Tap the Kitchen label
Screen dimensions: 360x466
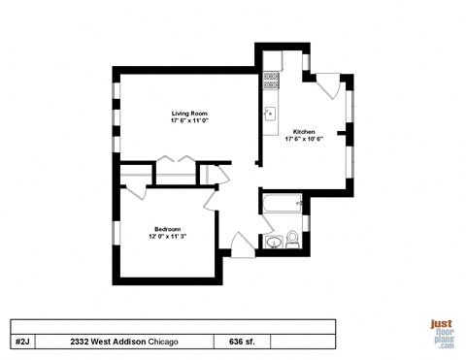point(303,130)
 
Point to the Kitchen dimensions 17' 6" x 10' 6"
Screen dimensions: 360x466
point(303,138)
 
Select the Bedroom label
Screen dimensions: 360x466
point(167,228)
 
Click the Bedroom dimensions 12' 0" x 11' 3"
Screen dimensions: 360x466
point(167,236)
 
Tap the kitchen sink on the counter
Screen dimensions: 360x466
point(271,113)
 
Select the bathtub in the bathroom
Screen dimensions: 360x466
point(282,205)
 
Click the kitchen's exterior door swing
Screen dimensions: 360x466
point(326,85)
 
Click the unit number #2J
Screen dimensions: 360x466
point(23,342)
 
